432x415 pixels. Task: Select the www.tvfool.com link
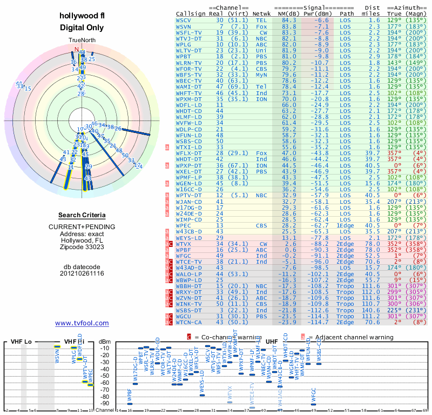[x=82, y=323]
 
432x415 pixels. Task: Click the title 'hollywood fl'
[x=82, y=16]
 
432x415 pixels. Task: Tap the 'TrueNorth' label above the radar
[x=82, y=41]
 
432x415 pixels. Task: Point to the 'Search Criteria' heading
[x=82, y=215]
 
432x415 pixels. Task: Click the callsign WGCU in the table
[x=184, y=316]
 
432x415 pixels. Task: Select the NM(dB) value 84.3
[x=289, y=20]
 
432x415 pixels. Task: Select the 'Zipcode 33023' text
[x=82, y=247]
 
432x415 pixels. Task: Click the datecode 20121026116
[x=82, y=273]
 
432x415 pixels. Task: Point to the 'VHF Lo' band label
[x=21, y=342]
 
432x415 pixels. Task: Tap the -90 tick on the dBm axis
[x=104, y=403]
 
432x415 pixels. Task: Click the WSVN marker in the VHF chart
[x=56, y=346]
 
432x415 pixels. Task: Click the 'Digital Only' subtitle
[x=82, y=28]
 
